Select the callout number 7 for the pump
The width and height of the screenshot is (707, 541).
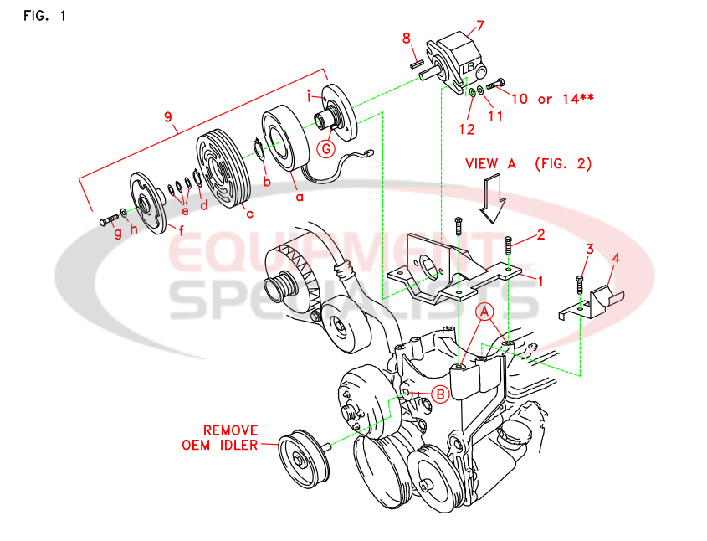pyautogui.click(x=480, y=26)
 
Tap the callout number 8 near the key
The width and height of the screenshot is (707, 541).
pyautogui.click(x=406, y=39)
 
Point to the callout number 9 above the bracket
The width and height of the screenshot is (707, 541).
pyautogui.click(x=170, y=117)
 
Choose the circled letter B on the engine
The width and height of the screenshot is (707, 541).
pyautogui.click(x=440, y=392)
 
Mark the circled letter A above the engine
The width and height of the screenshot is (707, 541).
pyautogui.click(x=484, y=312)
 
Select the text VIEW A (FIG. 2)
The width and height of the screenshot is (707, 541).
pyautogui.click(x=528, y=164)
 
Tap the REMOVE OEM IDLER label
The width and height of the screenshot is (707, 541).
pyautogui.click(x=220, y=437)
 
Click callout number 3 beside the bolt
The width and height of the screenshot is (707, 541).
pyautogui.click(x=590, y=249)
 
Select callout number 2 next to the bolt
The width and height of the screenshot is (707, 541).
pyautogui.click(x=540, y=234)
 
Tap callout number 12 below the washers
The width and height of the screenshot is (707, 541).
pyautogui.click(x=466, y=129)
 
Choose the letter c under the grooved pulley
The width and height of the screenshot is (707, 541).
pyautogui.click(x=248, y=213)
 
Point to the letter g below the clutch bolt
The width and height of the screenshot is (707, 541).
pyautogui.click(x=118, y=234)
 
